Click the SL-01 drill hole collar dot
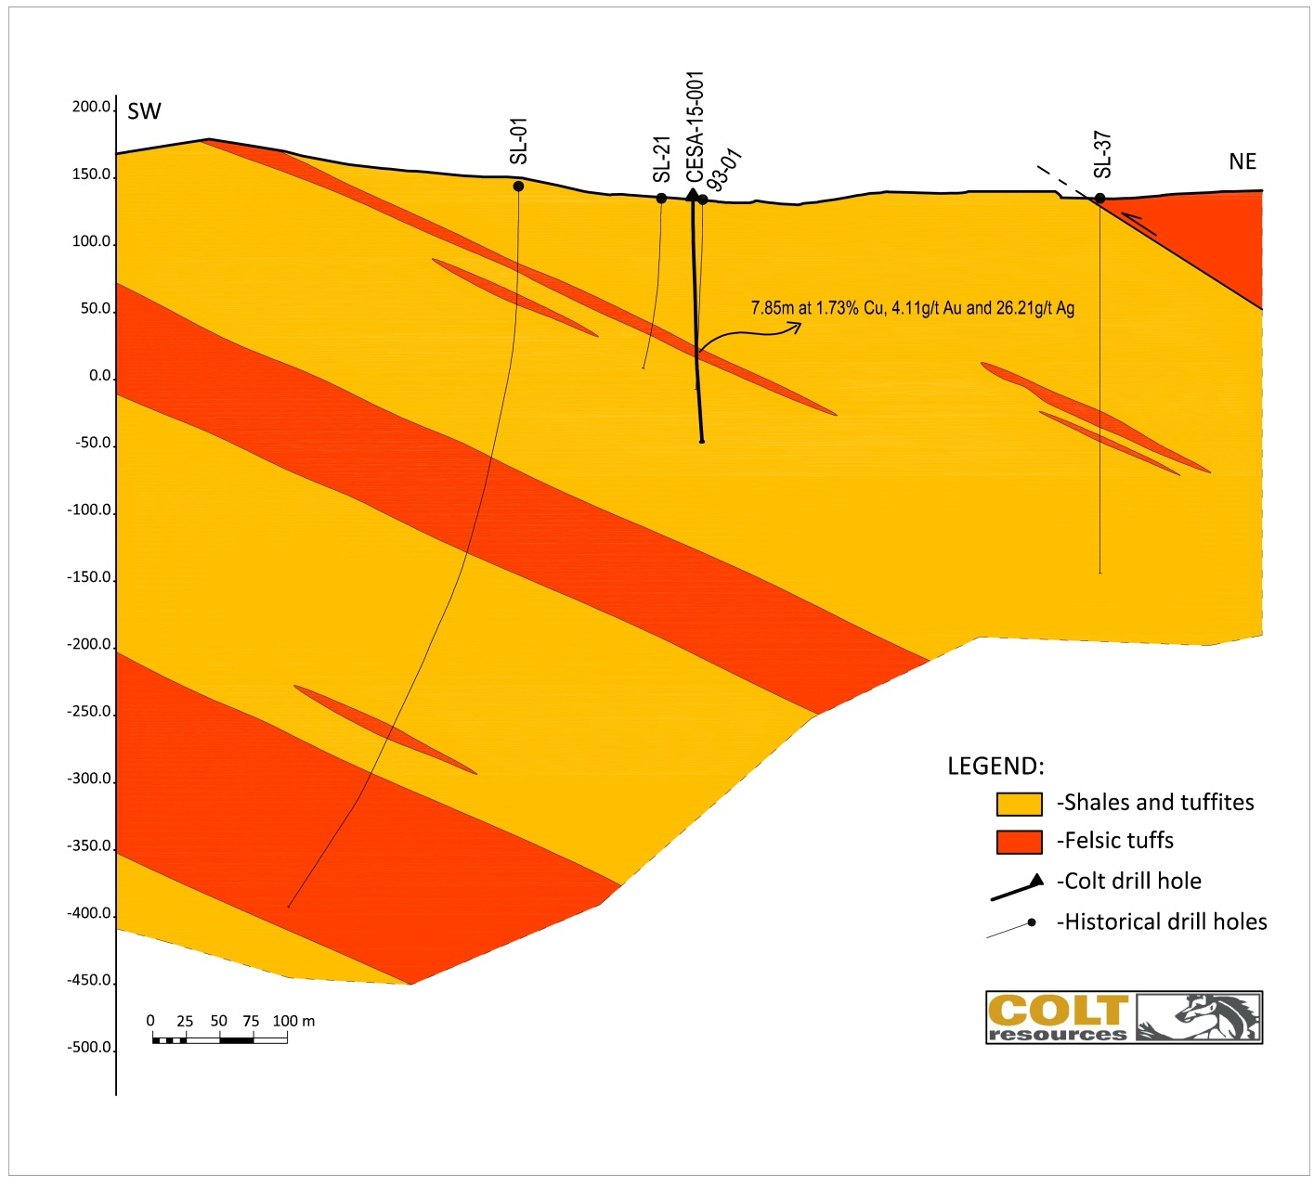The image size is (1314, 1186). (518, 187)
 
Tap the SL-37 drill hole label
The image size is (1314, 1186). (1102, 154)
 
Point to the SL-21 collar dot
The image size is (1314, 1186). (661, 199)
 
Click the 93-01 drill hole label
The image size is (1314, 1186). (724, 168)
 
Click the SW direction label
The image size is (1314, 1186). (144, 112)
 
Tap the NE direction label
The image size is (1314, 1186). (1242, 162)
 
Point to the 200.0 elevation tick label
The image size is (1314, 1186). (91, 108)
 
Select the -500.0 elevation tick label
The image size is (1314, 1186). (89, 1049)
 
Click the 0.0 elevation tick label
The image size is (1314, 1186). (99, 377)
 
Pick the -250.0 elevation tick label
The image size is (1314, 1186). (89, 713)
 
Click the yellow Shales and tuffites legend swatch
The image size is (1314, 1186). (1019, 804)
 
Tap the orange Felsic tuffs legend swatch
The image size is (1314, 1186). (1019, 842)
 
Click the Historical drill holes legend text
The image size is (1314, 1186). (1161, 922)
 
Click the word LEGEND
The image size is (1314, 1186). (995, 767)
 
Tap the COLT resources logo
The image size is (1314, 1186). (1124, 1017)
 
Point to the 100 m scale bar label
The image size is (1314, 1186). (293, 1022)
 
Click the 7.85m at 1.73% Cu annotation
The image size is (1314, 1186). (912, 308)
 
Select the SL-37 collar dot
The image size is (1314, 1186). (1099, 199)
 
